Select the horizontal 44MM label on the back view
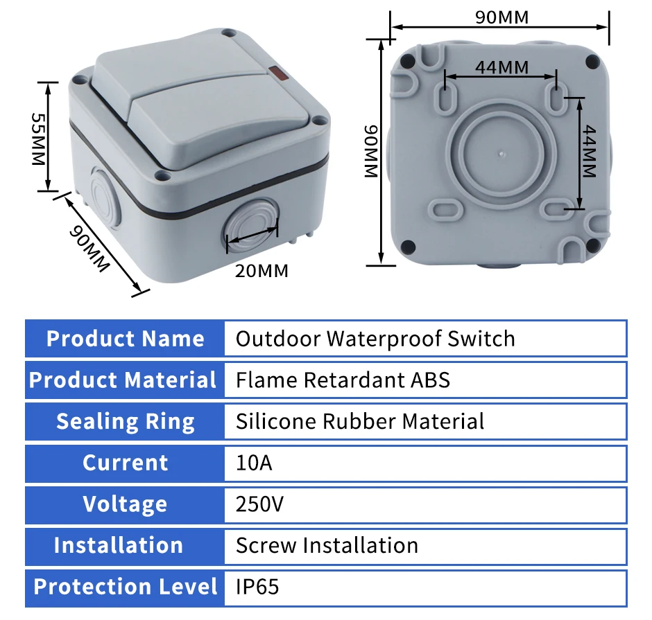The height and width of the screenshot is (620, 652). tap(501, 67)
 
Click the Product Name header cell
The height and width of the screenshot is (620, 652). tap(125, 338)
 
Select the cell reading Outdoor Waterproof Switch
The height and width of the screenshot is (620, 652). tap(375, 338)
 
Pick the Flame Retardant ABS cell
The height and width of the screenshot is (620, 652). tap(343, 380)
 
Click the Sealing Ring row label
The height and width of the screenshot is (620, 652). tap(125, 421)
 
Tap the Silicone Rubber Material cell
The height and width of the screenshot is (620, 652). tap(359, 421)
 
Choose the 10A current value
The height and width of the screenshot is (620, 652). tap(254, 463)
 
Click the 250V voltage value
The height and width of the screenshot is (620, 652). tap(259, 504)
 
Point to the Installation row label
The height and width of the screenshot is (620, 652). tap(118, 545)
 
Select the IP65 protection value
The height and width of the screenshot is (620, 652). tap(257, 587)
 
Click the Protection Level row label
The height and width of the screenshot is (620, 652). tap(125, 587)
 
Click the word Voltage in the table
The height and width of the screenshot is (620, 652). tap(125, 504)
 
